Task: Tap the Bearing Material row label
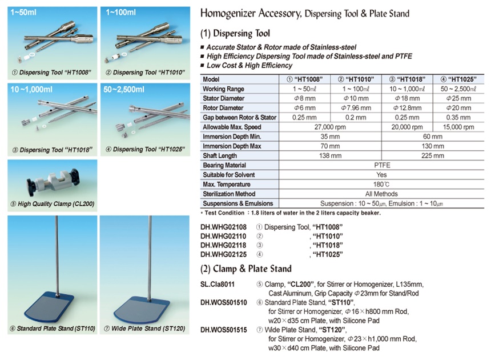pyautogui.click(x=224, y=165)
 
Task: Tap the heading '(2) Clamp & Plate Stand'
pyautogui.click(x=247, y=269)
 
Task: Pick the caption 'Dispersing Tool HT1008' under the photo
pyautogui.click(x=50, y=73)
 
